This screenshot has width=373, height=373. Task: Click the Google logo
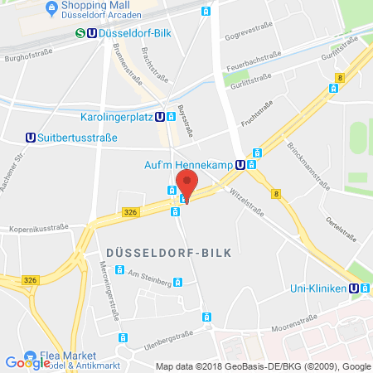point(27,362)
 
